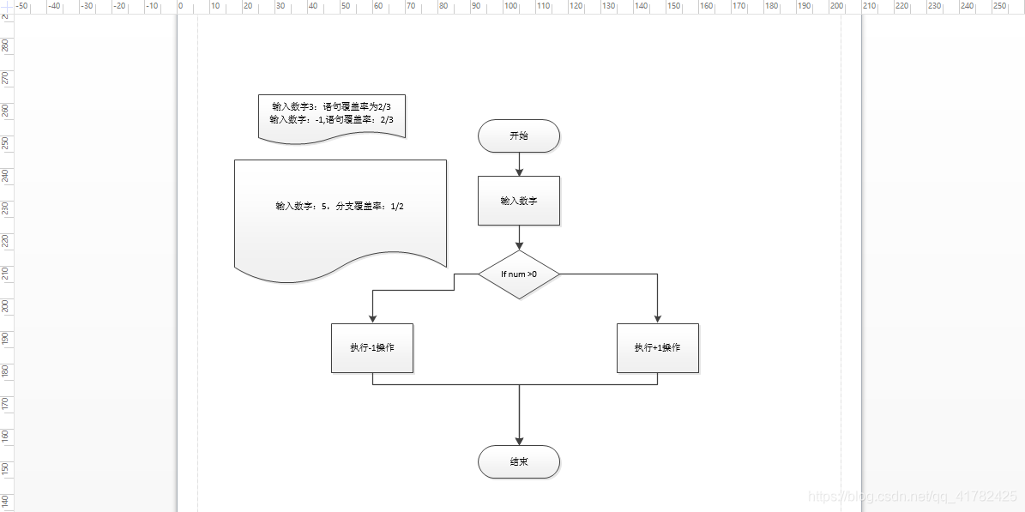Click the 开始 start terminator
click(x=519, y=136)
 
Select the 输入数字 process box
click(x=519, y=201)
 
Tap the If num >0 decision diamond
click(x=519, y=274)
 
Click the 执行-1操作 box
click(x=372, y=348)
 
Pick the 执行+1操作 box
click(x=658, y=348)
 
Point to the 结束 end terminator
click(x=519, y=461)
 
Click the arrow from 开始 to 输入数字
click(x=519, y=164)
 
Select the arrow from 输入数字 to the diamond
click(x=519, y=238)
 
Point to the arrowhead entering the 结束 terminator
click(x=519, y=440)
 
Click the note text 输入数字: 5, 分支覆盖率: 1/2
click(x=340, y=207)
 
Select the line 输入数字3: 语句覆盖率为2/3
click(x=332, y=106)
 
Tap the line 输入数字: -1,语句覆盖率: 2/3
click(x=332, y=120)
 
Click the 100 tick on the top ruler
click(x=510, y=6)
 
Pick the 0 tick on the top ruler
click(x=181, y=6)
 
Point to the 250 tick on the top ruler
click(x=999, y=6)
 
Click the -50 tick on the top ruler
click(x=23, y=6)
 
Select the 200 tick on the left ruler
click(x=6, y=305)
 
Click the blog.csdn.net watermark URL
click(x=913, y=497)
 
